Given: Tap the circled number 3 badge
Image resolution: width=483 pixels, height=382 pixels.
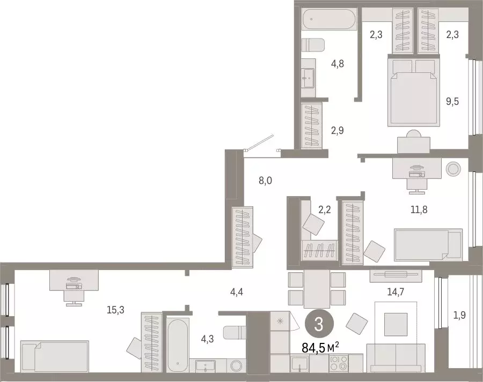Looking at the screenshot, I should (318, 324).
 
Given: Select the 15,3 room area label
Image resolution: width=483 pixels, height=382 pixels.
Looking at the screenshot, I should (116, 309).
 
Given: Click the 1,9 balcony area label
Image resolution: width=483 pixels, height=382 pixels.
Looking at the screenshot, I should (459, 315).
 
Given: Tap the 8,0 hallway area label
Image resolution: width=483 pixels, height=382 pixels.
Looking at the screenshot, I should (265, 181).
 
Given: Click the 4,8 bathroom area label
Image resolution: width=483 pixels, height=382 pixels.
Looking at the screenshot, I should (337, 63).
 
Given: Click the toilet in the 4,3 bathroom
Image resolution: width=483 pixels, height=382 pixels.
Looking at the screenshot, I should (235, 332).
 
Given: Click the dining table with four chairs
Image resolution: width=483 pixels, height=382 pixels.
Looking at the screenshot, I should (317, 289).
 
